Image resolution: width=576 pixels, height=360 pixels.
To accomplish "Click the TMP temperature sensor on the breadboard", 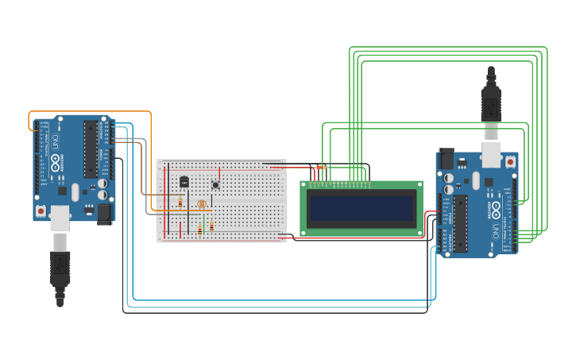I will tap(184, 181).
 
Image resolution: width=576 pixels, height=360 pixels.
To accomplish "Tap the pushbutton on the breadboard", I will tap(215, 185).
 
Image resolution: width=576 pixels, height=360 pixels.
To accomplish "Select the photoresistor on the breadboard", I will tap(201, 204).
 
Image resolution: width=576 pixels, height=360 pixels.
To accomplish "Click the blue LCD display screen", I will tap(361, 209).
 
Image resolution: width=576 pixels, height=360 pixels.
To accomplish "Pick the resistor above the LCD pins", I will tap(321, 167).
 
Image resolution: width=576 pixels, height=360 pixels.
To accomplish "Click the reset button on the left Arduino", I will tap(41, 212).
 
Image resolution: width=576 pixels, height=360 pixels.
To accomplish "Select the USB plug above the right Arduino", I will tap(491, 99).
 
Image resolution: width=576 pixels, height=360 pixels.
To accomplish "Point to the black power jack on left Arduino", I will tap(104, 213).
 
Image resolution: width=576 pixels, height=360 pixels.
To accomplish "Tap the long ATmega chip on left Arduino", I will tap(90, 149).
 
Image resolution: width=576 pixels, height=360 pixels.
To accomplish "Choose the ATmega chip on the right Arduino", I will tap(461, 223).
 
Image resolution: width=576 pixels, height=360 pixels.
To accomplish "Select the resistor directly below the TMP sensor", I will tap(180, 202).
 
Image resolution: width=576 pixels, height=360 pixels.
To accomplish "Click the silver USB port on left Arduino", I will tap(60, 217).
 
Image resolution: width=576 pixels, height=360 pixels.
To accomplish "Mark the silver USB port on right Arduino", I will tap(491, 154).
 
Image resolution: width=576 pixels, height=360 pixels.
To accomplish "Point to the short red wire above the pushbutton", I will tap(219, 172).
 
